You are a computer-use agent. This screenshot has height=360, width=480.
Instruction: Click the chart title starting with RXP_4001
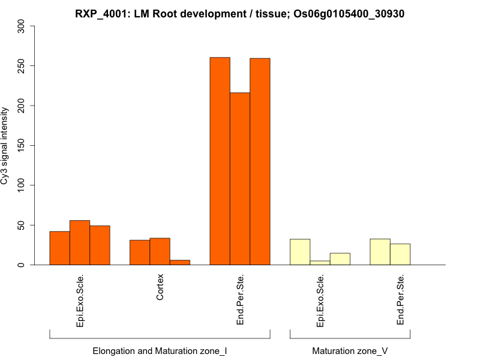(x=240, y=13)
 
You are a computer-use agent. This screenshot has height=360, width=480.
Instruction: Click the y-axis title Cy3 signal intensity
(x=5, y=145)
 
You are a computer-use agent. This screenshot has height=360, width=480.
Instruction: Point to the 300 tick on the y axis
(x=22, y=26)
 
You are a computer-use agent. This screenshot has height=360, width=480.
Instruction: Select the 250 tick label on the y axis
(x=22, y=65)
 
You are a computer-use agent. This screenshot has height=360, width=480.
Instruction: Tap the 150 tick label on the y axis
(x=22, y=145)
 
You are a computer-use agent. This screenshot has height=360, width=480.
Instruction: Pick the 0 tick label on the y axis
(x=22, y=265)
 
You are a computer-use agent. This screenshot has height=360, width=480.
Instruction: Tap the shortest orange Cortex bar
(x=180, y=262)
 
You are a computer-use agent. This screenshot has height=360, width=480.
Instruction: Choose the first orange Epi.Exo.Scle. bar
(x=59, y=248)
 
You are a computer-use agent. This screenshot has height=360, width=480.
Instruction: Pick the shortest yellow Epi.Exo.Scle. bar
(x=320, y=263)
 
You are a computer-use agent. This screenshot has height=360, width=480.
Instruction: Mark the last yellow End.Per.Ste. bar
(x=400, y=254)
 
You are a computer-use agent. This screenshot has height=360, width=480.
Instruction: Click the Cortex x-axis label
(x=160, y=288)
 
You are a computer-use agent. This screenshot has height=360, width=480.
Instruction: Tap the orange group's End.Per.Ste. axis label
(x=240, y=299)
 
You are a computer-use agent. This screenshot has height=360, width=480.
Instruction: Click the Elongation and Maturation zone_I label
(x=160, y=351)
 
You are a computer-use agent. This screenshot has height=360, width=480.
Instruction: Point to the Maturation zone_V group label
(x=350, y=351)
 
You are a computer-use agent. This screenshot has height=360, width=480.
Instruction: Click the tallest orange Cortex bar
(x=160, y=251)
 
